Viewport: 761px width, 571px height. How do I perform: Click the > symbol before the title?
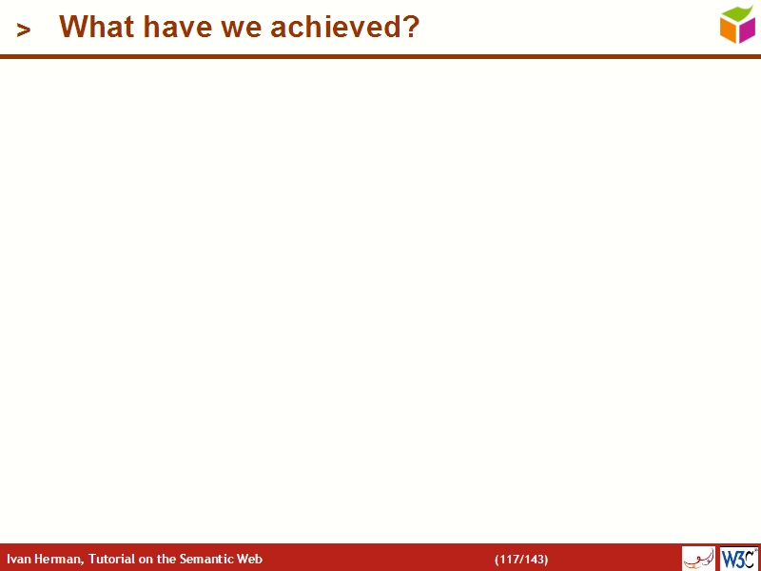click(x=24, y=30)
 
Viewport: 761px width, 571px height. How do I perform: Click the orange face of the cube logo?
click(x=730, y=31)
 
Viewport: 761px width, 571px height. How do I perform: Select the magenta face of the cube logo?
click(x=747, y=30)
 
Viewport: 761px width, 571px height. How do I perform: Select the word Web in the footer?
click(x=251, y=560)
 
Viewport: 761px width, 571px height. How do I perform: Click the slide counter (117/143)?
click(x=521, y=560)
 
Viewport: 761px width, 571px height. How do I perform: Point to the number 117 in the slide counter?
click(x=510, y=560)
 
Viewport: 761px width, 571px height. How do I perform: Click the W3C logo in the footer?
click(x=738, y=559)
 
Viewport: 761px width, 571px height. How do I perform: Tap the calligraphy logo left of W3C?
click(x=698, y=559)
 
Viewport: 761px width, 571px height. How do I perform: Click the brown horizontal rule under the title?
click(x=380, y=57)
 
